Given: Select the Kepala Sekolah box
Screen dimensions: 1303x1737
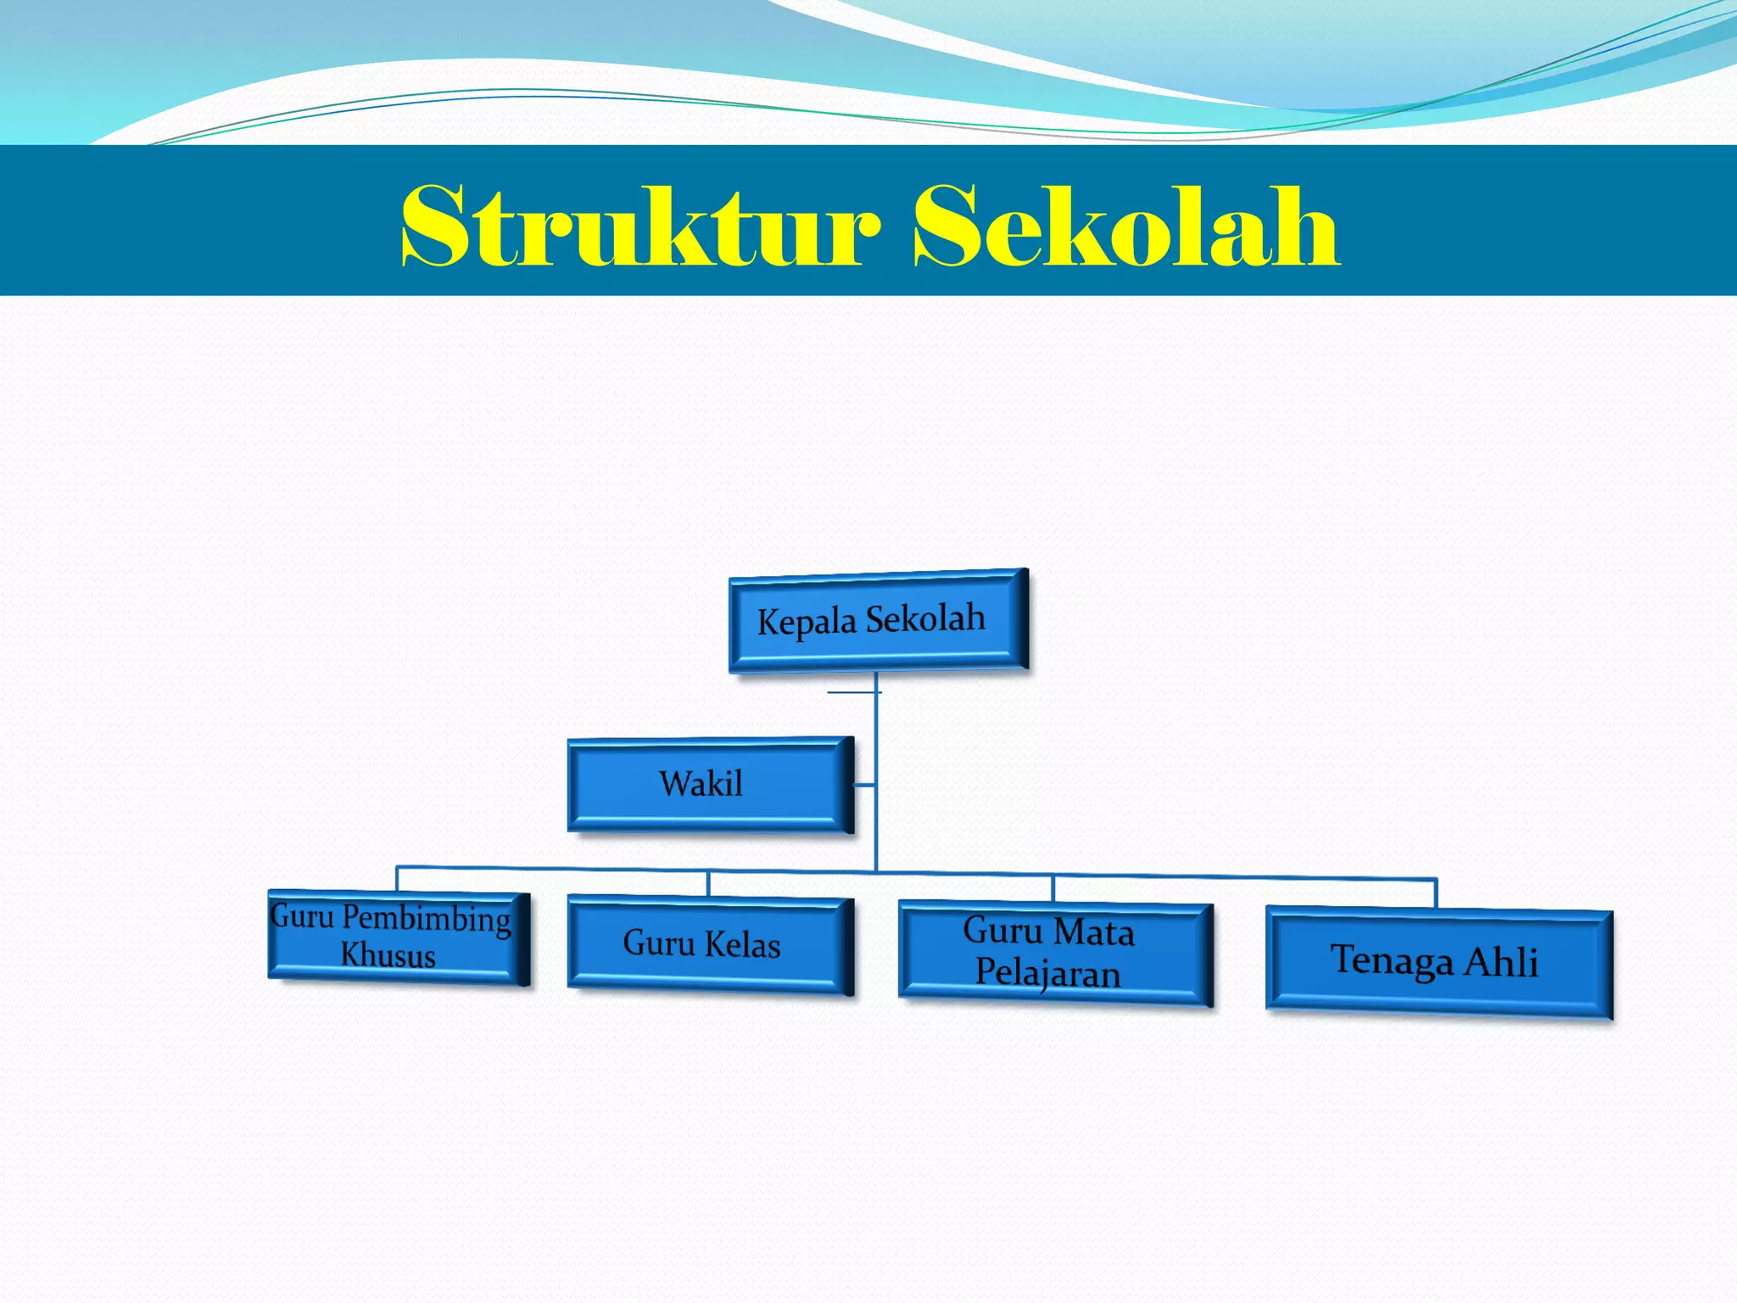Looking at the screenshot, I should click(x=878, y=621).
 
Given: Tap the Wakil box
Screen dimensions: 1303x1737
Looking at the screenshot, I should click(x=709, y=784).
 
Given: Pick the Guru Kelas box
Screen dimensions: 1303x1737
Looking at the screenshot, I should click(x=709, y=944).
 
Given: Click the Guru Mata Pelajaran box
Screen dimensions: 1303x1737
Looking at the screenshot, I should click(x=1054, y=953).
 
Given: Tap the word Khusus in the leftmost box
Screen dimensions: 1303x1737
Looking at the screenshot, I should click(x=388, y=955).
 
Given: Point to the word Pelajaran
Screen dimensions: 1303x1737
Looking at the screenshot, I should click(x=1047, y=972).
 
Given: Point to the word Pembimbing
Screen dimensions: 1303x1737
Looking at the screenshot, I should click(x=427, y=919).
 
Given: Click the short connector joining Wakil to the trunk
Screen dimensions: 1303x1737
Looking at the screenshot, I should click(x=864, y=786).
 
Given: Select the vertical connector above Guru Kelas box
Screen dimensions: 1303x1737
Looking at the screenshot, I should click(x=708, y=884).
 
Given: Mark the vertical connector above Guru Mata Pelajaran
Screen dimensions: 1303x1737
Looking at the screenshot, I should click(x=1053, y=888).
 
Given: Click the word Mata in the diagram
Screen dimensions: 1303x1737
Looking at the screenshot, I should click(x=1095, y=932).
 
